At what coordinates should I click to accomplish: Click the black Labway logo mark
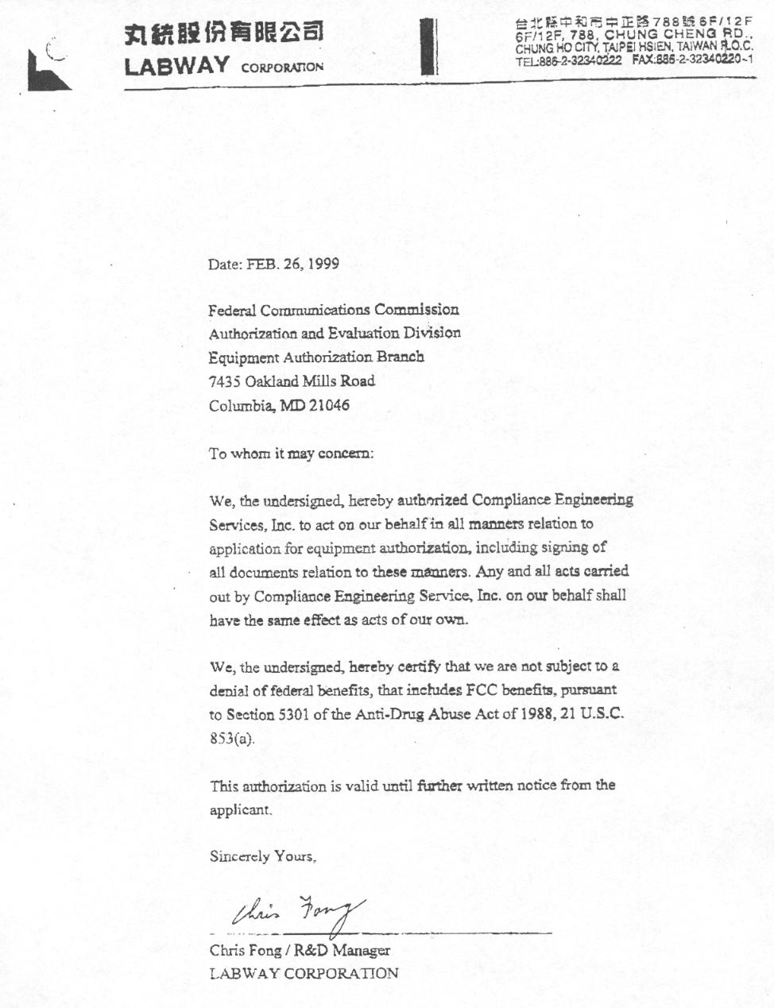pos(47,70)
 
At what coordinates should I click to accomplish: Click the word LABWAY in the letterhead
pos(176,66)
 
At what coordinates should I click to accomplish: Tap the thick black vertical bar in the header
pos(429,47)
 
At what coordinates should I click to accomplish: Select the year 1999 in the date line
pos(323,264)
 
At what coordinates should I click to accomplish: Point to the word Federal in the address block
pos(233,310)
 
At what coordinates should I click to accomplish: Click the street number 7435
pos(224,381)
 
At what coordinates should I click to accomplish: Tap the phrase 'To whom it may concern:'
pos(291,454)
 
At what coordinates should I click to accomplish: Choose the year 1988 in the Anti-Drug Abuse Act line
pos(537,714)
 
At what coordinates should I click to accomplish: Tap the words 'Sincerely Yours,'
pos(263,856)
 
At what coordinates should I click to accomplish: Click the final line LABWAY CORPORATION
pos(304,973)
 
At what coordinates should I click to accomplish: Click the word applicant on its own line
pos(240,809)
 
